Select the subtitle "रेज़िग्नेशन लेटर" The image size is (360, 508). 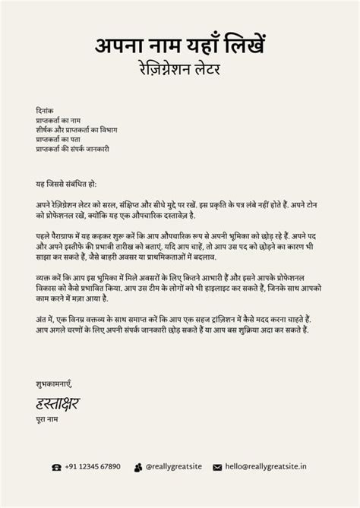coord(180,68)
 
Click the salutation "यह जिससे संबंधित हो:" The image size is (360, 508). coord(66,185)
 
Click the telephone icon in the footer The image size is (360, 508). coord(56,467)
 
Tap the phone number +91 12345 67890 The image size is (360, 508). coord(92,466)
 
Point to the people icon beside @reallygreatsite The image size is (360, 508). coord(138,467)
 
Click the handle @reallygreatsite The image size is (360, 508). coord(173,466)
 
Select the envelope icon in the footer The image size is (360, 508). coord(217,467)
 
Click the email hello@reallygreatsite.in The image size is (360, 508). coord(266,466)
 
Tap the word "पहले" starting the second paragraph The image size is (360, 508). coord(43,236)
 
